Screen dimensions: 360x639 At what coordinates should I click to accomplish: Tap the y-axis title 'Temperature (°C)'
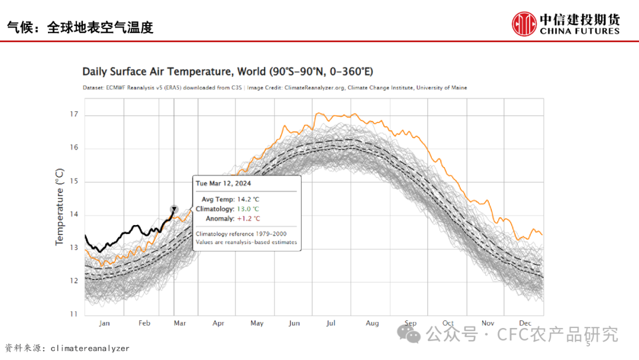[59, 207]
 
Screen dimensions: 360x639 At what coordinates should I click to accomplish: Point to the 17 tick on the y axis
[74, 114]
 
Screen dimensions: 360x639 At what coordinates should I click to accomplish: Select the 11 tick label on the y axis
[74, 314]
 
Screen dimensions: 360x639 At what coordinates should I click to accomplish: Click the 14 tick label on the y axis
[74, 214]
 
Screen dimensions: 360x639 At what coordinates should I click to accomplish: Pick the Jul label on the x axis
[331, 323]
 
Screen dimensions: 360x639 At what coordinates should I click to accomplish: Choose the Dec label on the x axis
[525, 323]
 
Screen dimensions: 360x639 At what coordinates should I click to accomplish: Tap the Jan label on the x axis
[104, 323]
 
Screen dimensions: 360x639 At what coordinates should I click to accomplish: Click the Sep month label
[411, 323]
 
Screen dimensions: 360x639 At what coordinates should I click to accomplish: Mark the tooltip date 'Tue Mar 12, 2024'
[223, 184]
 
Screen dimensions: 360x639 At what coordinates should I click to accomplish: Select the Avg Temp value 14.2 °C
[247, 200]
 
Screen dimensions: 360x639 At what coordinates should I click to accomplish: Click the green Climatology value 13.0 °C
[247, 209]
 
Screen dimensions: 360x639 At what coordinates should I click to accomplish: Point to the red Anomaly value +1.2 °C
[247, 218]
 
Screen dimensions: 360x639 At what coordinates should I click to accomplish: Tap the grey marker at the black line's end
[174, 209]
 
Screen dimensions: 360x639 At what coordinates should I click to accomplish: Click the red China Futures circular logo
[524, 24]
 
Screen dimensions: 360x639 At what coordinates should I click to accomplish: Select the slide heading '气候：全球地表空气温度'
[80, 27]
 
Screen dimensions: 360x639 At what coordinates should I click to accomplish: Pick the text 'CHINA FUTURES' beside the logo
[580, 31]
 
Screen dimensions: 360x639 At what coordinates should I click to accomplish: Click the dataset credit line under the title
[275, 88]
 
